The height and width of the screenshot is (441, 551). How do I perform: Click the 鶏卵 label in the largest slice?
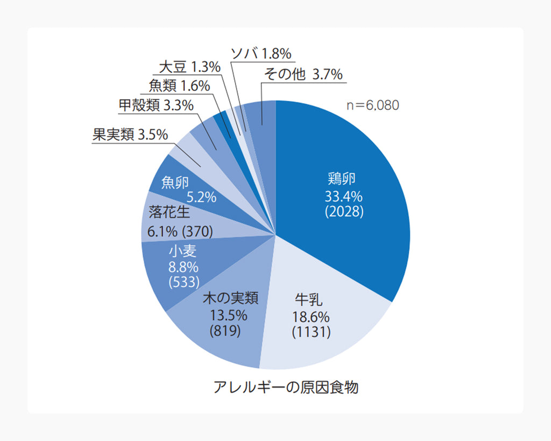coord(342,179)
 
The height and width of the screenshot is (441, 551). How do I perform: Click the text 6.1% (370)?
coord(180,232)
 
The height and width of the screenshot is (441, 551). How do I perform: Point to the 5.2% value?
coord(201,197)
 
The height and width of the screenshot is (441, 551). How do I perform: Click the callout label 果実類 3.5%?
coord(130,135)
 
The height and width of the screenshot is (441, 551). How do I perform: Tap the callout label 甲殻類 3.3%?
coord(156,106)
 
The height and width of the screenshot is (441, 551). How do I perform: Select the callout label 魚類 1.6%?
coord(179,86)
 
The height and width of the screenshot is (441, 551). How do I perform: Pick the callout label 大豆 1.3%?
coord(190,67)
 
